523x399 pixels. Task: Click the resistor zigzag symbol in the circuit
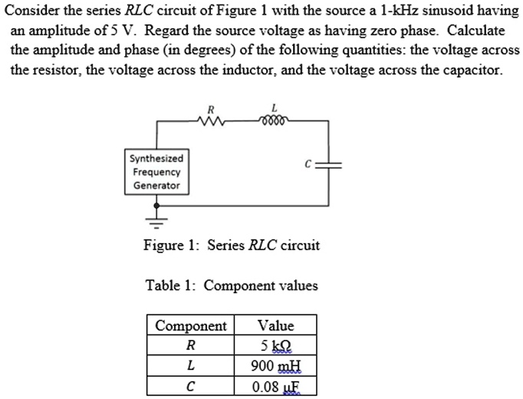[x=209, y=121]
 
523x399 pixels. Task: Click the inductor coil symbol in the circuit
[x=273, y=120]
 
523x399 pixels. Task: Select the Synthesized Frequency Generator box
[x=156, y=172]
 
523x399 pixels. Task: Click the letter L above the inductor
[x=274, y=107]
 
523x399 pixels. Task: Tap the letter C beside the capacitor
[x=307, y=163]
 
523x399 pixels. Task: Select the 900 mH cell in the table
[x=275, y=366]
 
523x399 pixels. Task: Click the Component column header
[x=191, y=325]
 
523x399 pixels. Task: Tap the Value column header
[x=275, y=325]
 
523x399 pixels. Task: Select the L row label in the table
[x=191, y=366]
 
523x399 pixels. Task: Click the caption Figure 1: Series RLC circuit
[x=232, y=246]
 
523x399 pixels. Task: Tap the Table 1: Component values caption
[x=232, y=285]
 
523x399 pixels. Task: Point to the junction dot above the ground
[x=157, y=206]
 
